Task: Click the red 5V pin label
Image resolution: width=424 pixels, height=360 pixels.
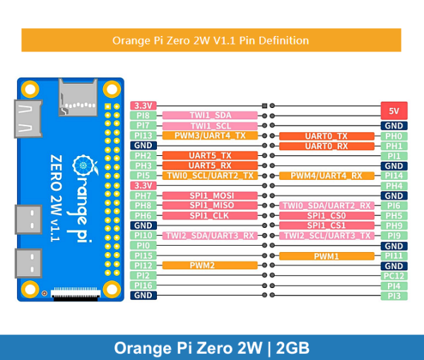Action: tap(394, 111)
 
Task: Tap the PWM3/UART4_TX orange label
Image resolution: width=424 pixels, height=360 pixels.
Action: tap(210, 136)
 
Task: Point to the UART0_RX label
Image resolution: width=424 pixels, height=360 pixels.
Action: tap(326, 146)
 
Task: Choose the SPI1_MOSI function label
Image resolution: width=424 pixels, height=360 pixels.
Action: tap(210, 196)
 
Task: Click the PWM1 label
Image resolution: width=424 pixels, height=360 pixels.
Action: tap(326, 256)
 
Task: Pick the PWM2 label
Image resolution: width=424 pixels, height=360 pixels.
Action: tap(210, 266)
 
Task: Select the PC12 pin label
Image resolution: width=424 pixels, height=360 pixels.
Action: tap(394, 276)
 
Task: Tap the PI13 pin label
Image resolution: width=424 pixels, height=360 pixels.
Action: tap(143, 136)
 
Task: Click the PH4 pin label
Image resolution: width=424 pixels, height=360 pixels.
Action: tap(394, 186)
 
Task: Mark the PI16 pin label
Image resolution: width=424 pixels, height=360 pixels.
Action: tap(143, 286)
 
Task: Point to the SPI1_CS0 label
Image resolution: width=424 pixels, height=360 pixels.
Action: tap(326, 215)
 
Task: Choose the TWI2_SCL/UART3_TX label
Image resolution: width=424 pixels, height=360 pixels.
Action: tap(326, 236)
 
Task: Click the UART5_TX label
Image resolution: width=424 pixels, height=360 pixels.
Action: tap(210, 155)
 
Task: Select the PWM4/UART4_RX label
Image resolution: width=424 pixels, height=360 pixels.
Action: tap(326, 176)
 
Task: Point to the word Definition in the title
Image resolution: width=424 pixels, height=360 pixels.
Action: tap(283, 40)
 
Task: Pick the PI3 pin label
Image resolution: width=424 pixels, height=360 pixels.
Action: tap(394, 296)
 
